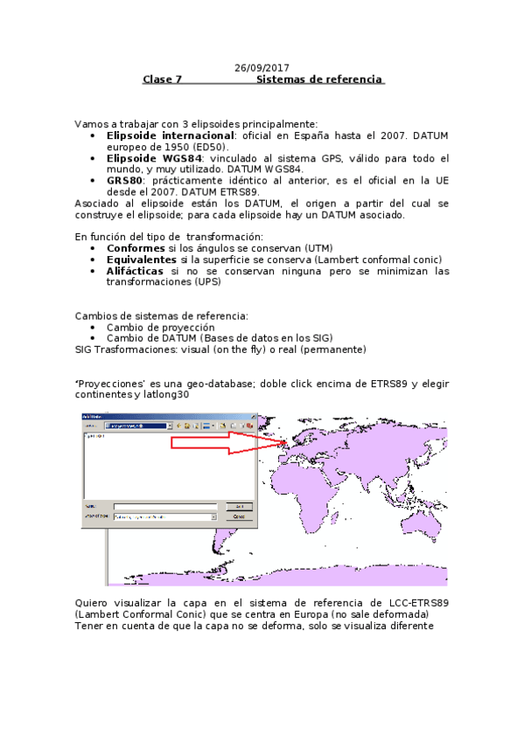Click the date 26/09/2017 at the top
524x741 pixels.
coord(262,67)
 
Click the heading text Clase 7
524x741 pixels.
coord(162,80)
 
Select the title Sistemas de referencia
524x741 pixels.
coord(319,80)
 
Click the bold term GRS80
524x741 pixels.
coord(125,181)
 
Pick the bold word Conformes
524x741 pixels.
coord(141,248)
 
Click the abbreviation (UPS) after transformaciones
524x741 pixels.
coord(206,282)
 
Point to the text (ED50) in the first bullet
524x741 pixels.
coord(207,147)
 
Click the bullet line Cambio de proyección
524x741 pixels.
coord(160,327)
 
